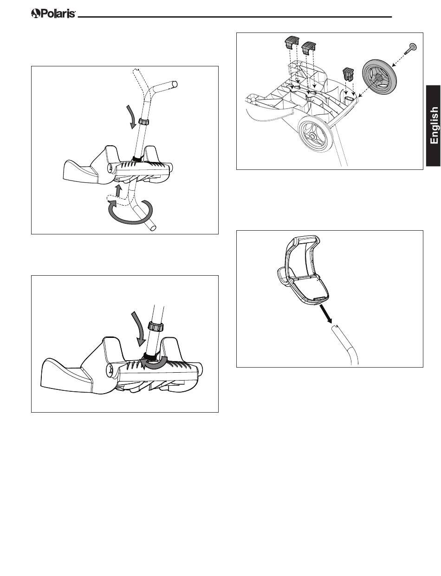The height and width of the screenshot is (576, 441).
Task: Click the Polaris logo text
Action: pyautogui.click(x=53, y=13)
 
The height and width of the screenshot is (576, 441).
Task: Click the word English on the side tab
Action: pyautogui.click(x=434, y=125)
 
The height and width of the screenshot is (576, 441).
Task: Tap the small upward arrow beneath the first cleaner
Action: pyautogui.click(x=119, y=191)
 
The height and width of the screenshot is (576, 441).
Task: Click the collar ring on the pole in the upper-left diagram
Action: pyautogui.click(x=143, y=122)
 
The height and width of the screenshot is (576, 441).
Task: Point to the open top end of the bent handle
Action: pyautogui.click(x=174, y=84)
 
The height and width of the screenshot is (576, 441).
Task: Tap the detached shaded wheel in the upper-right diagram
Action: pyautogui.click(x=378, y=78)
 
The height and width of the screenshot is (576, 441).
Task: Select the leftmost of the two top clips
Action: pyautogui.click(x=292, y=42)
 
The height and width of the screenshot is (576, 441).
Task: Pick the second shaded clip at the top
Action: pyautogui.click(x=309, y=47)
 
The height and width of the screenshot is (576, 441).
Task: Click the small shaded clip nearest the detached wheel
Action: pyautogui.click(x=349, y=74)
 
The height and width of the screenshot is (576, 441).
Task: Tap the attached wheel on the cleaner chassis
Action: pyautogui.click(x=315, y=136)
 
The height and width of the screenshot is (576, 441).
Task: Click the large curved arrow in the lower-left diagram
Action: pyautogui.click(x=140, y=329)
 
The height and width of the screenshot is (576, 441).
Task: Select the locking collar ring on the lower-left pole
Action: pyautogui.click(x=156, y=326)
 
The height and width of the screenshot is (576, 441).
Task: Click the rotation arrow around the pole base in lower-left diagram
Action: pyautogui.click(x=154, y=363)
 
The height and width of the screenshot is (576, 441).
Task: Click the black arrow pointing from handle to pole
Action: pyautogui.click(x=325, y=314)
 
